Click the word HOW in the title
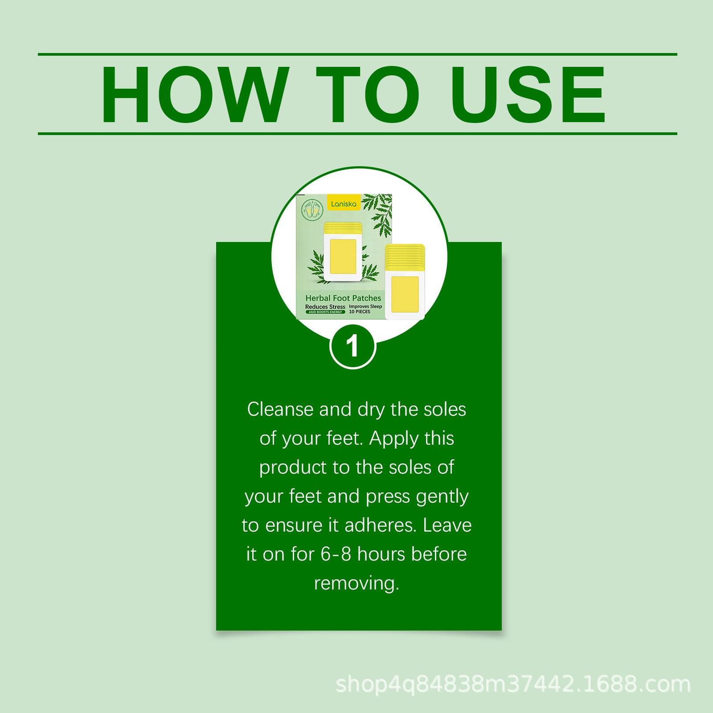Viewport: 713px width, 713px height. tap(195, 94)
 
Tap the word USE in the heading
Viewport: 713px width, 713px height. tap(528, 94)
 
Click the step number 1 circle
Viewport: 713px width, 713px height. tap(353, 346)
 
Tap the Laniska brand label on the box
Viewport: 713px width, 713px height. tap(344, 204)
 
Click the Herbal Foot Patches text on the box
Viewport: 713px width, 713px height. tap(343, 298)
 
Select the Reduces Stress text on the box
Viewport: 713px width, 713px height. tap(325, 307)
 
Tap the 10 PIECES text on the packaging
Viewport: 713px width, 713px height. tap(360, 311)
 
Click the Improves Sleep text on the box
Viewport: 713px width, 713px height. tap(365, 306)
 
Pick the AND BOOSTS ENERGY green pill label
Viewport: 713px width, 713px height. tap(325, 312)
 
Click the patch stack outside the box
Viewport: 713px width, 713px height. tap(405, 282)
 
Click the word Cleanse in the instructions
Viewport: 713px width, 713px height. tap(280, 409)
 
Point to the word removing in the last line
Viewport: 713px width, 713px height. tap(356, 583)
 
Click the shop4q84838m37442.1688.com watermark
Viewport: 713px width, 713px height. tap(513, 684)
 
